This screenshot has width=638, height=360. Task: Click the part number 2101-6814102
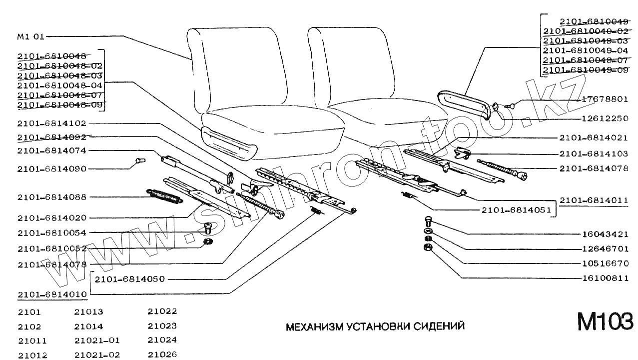[x=51, y=123]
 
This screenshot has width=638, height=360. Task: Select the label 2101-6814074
[x=51, y=150]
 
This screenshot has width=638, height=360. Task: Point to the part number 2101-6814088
[x=51, y=197]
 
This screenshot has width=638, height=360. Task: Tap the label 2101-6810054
[x=51, y=232]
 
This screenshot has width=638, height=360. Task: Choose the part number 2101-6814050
[x=129, y=278]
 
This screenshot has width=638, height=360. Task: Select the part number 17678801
[x=605, y=99]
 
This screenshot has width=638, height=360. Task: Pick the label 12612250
[x=605, y=118]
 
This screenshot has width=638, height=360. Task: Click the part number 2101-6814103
[x=594, y=153]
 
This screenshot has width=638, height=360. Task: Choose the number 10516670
[x=605, y=263]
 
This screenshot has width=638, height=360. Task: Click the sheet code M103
[x=605, y=321]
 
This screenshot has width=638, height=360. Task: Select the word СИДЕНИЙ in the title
[x=440, y=326]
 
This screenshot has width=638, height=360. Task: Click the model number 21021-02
[x=97, y=355]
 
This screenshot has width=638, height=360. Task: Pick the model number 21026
[x=162, y=355]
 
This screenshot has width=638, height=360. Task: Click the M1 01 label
[x=31, y=36]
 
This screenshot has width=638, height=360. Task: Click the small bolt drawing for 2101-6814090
[x=139, y=161]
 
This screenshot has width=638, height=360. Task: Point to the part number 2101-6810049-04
[x=585, y=50]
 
